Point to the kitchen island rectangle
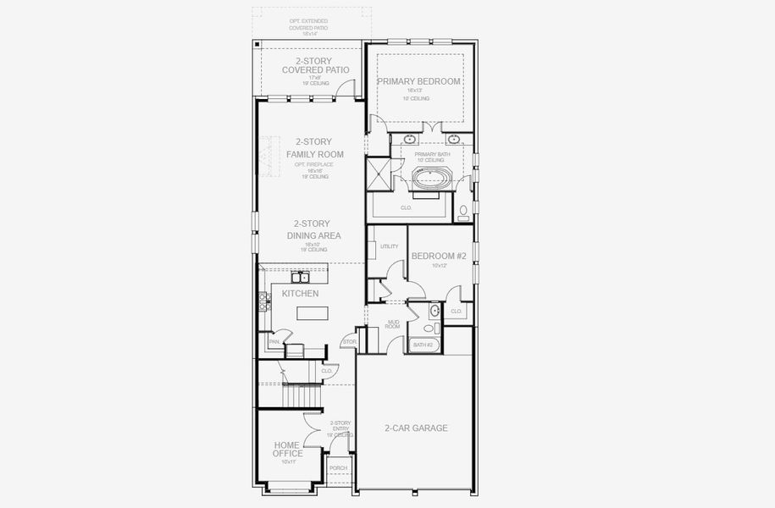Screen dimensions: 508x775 311,313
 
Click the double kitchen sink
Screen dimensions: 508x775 300,277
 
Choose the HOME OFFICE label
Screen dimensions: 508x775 288,449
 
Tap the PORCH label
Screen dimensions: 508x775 338,468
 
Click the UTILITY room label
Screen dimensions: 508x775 389,246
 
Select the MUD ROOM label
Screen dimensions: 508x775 393,324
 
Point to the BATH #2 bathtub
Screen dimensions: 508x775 423,345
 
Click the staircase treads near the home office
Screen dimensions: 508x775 301,395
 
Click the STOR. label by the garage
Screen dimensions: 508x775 348,342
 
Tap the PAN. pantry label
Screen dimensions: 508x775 274,342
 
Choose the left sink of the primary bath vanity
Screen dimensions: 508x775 410,138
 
